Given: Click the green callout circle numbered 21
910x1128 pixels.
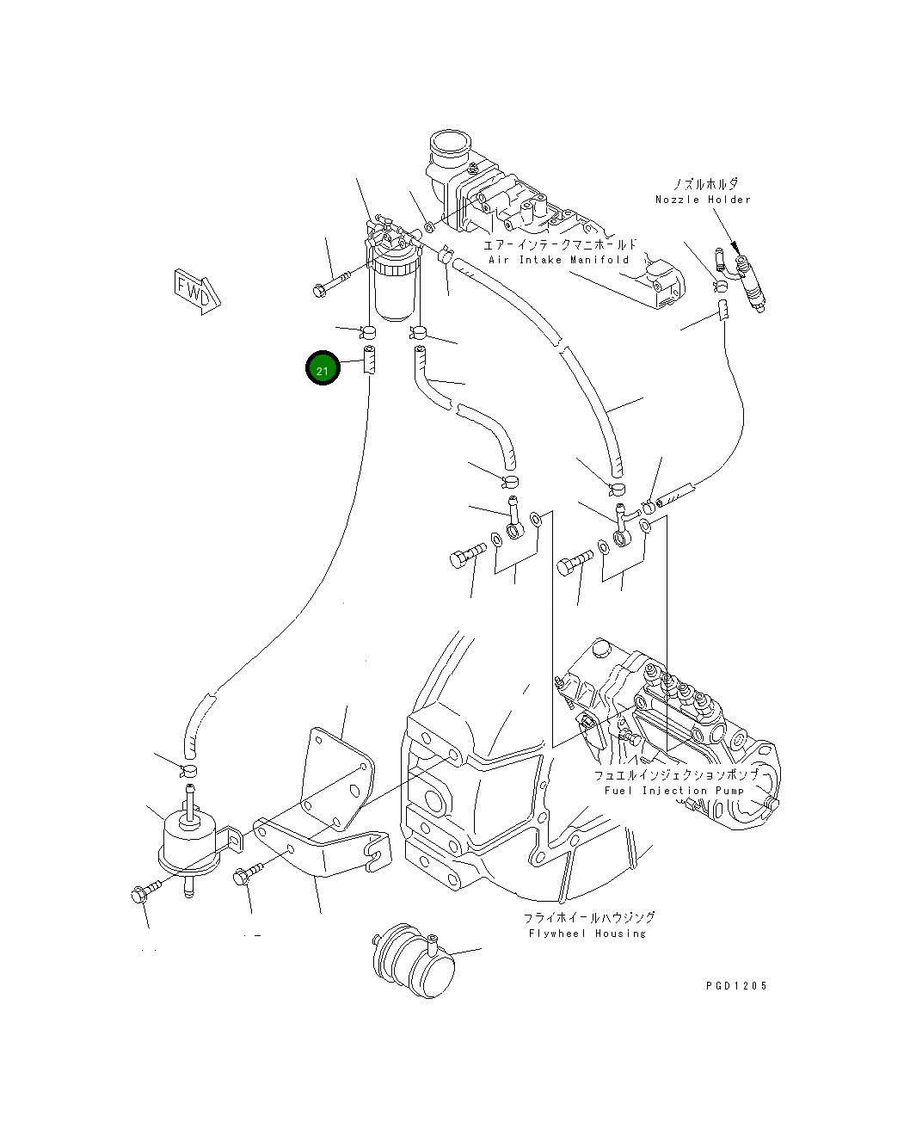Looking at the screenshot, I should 323,370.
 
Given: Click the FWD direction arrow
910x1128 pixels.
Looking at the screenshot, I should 197,290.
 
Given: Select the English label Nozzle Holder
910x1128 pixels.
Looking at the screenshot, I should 703,200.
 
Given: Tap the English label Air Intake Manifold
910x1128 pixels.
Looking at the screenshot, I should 559,259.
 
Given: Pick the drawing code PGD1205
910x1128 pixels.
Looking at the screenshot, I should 735,986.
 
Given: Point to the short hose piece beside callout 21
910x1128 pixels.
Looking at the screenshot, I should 370,360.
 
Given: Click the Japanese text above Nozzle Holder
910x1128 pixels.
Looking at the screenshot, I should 705,184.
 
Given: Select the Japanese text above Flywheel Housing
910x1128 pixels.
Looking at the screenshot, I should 590,918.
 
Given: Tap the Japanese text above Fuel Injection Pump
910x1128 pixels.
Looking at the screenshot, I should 676,774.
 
